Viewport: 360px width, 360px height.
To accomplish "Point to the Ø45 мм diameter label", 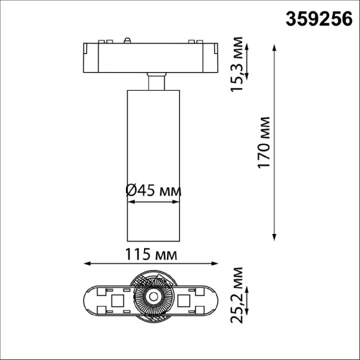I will [153, 191].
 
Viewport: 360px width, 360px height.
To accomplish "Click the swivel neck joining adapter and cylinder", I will [156, 82].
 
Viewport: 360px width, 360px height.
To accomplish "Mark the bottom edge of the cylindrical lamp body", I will [152, 240].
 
